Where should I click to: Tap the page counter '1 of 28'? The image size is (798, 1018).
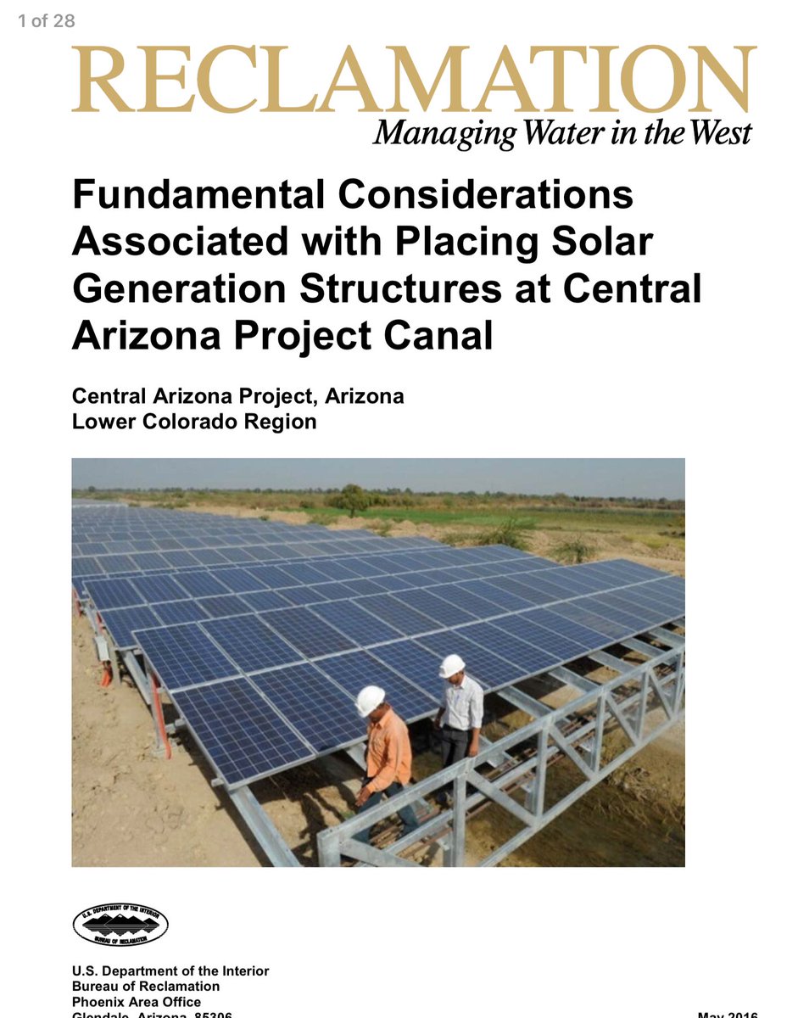(47, 21)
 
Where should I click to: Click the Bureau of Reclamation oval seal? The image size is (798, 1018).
(120, 925)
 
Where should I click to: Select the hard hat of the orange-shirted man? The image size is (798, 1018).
(370, 699)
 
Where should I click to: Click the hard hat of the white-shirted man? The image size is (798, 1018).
(452, 665)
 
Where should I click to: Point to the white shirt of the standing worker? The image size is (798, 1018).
(462, 702)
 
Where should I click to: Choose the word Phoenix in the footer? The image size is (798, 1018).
(99, 1002)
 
